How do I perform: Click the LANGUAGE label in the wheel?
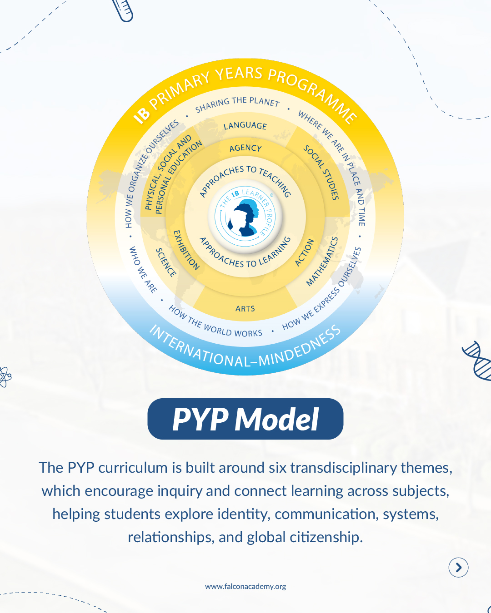[245, 126]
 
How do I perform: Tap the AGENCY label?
[245, 148]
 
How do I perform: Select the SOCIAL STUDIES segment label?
[321, 173]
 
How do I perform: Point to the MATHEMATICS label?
[322, 262]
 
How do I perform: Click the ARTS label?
[245, 309]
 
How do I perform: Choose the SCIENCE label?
[166, 262]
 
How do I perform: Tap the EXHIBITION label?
[186, 250]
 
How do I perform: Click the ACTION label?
[304, 252]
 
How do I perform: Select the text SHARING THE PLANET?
[237, 104]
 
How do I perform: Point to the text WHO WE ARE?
[143, 270]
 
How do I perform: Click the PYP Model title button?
[245, 419]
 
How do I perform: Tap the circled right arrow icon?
[458, 567]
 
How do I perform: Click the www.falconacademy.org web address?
[245, 586]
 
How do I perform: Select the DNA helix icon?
[477, 361]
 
